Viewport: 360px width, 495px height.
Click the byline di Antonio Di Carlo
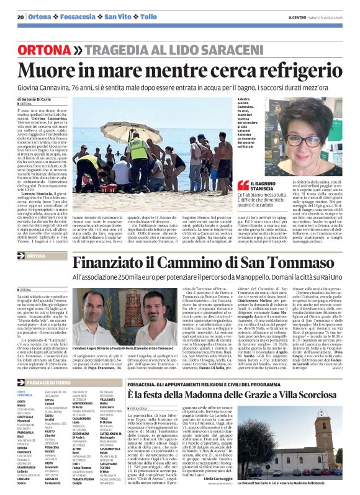[x=41, y=99]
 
